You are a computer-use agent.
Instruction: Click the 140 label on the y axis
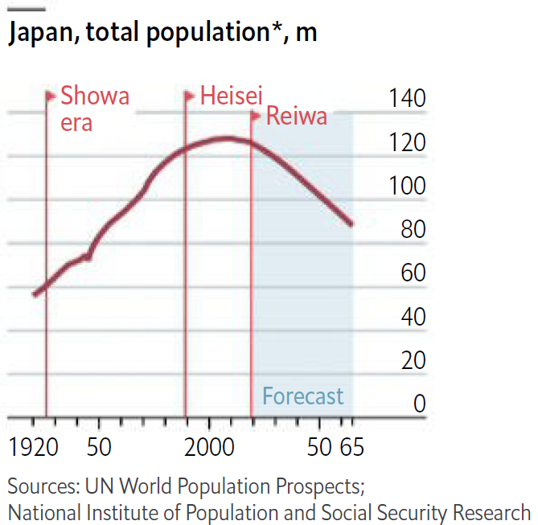[407, 100]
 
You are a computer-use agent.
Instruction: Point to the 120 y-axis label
[407, 143]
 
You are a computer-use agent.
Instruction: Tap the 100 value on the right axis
[407, 187]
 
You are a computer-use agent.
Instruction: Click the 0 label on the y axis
[418, 404]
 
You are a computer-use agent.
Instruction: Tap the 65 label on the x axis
[351, 447]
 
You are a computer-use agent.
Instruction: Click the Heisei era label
[232, 96]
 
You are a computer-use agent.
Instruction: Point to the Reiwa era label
[296, 117]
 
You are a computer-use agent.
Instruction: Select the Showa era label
[94, 109]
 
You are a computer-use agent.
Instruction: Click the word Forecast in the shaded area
[303, 396]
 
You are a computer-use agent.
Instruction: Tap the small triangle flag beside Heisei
[191, 96]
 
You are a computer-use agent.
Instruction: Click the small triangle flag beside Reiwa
[257, 117]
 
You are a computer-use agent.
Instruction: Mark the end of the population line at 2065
[351, 224]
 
